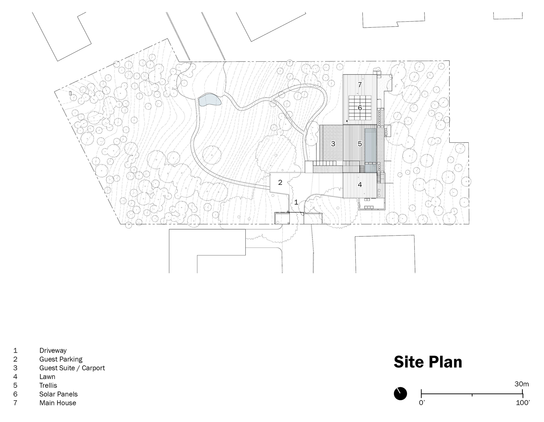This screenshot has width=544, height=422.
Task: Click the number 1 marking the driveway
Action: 296,202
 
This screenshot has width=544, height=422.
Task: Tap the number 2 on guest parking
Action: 280,182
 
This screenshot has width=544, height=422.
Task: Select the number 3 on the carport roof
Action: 333,144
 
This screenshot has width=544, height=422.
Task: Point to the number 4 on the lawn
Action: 360,185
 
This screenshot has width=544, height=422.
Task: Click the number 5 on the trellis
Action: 360,144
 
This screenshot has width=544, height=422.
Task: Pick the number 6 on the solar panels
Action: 360,108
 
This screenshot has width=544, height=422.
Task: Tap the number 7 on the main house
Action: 360,85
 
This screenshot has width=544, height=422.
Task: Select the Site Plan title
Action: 428,362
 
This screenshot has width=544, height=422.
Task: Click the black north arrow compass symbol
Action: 400,394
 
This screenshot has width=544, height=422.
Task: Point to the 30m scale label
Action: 522,384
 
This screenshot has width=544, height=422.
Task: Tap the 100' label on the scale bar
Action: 523,403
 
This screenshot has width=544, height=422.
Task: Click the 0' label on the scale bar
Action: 422,403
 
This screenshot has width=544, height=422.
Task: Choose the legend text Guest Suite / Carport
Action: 72,368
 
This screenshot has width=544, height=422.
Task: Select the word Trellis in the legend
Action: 48,385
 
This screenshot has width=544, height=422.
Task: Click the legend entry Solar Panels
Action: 58,394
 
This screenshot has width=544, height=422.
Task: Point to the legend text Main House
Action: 58,403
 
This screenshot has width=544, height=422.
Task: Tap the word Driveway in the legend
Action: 53,350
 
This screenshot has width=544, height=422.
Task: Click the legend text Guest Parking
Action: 61,359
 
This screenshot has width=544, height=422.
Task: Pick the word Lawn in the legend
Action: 47,377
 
